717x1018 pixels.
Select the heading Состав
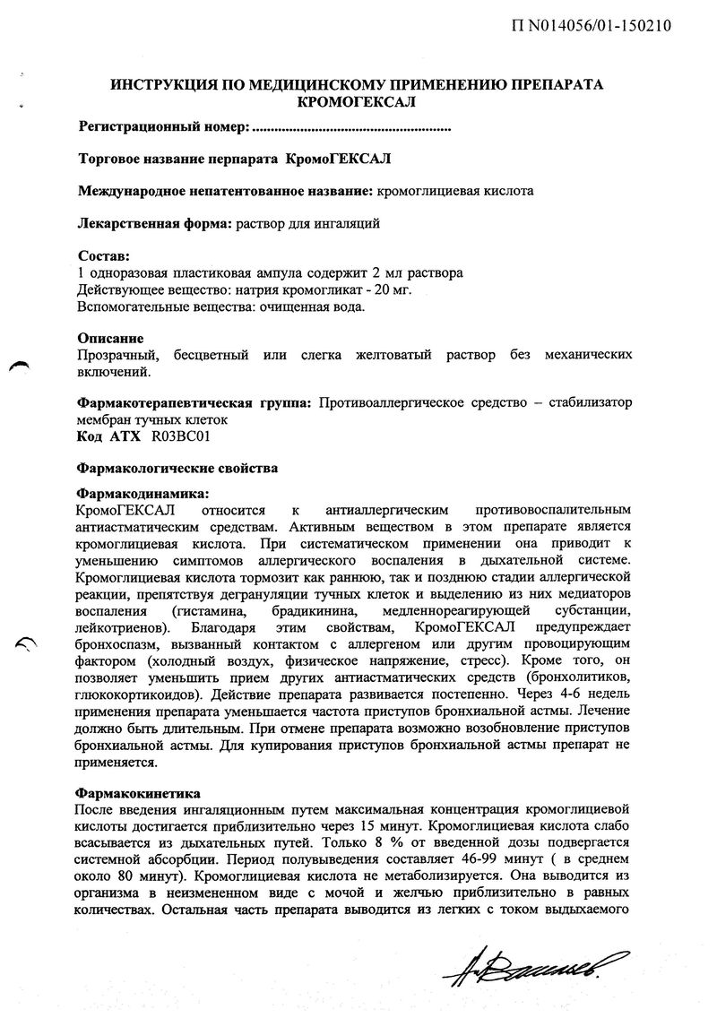(x=104, y=256)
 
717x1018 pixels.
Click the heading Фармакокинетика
(x=139, y=793)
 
